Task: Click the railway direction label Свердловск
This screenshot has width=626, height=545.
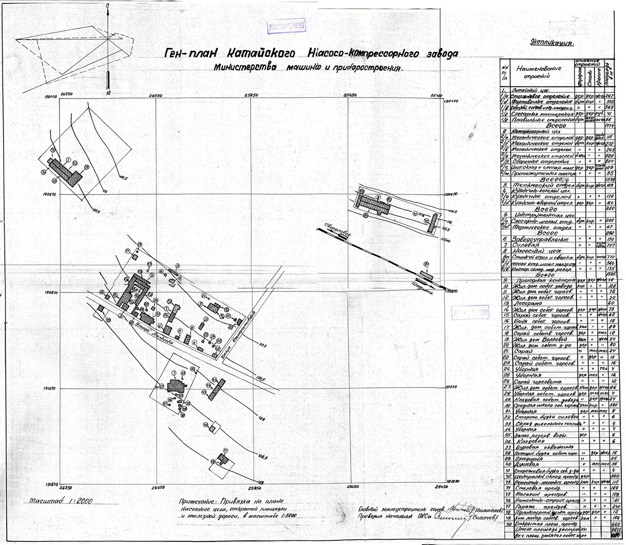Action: point(339,233)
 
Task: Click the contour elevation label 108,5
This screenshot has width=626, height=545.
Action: point(261,457)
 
